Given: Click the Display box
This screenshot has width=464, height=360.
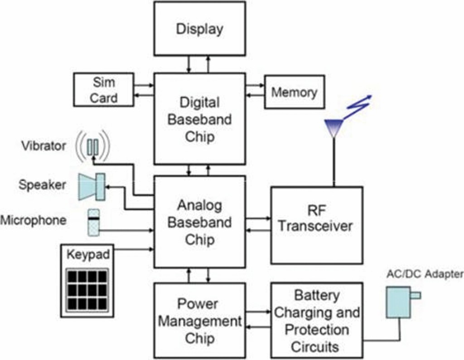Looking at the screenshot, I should [x=199, y=29].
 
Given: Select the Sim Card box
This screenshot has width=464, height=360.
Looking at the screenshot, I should [x=104, y=90].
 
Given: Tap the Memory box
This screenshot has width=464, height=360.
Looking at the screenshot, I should [x=294, y=92].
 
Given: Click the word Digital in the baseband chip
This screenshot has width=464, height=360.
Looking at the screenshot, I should [x=200, y=102].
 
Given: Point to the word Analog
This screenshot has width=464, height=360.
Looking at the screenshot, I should [x=199, y=205].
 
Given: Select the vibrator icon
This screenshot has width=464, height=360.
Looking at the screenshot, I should [x=93, y=146].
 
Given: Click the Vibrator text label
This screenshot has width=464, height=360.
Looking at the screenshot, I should [x=43, y=146].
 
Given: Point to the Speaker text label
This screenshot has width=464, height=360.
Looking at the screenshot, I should [x=42, y=185].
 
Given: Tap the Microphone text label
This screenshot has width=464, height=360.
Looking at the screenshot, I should [x=33, y=220].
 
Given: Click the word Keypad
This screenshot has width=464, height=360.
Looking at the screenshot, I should [x=88, y=254].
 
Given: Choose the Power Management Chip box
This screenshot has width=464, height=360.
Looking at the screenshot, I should [x=199, y=321].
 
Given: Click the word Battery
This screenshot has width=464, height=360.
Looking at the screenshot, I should [x=317, y=296].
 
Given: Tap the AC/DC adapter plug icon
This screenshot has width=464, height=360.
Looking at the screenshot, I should [x=399, y=301].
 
